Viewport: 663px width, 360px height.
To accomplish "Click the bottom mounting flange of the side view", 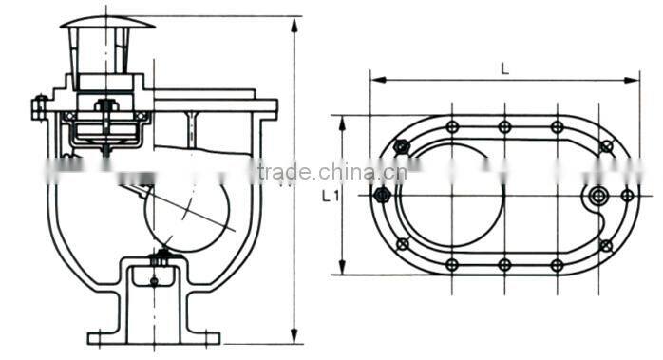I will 154,337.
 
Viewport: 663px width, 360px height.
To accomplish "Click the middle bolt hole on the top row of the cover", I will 504,126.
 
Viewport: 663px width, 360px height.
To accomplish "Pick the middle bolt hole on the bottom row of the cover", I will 504,264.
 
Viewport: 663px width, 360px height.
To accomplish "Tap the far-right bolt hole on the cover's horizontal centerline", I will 627,195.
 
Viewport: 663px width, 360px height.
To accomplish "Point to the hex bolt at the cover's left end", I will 382,196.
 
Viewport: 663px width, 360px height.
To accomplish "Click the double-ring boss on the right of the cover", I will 598,196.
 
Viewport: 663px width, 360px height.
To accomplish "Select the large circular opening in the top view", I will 452,195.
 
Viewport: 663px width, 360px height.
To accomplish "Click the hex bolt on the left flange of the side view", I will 39,106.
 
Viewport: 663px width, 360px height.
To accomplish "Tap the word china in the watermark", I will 349,172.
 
